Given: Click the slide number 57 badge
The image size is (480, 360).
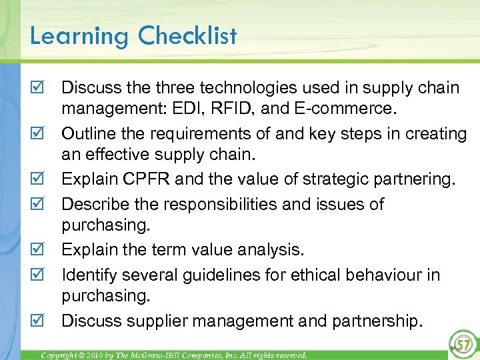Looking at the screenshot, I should [461, 344].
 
